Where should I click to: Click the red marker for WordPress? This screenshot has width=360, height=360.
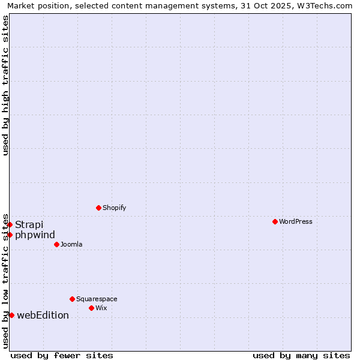pyautogui.click(x=275, y=221)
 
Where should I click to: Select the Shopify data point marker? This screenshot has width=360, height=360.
pyautogui.click(x=98, y=208)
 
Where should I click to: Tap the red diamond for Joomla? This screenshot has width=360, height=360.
pyautogui.click(x=56, y=244)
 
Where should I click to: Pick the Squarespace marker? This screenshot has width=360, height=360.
pyautogui.click(x=72, y=299)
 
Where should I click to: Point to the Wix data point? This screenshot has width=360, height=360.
pyautogui.click(x=91, y=308)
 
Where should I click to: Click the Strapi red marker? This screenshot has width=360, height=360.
pyautogui.click(x=10, y=224)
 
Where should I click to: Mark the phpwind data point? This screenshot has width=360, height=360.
pyautogui.click(x=10, y=235)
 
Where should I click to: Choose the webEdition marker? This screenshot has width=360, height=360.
pyautogui.click(x=11, y=315)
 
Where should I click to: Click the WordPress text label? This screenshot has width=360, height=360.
pyautogui.click(x=296, y=222)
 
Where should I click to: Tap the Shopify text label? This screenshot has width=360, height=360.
pyautogui.click(x=115, y=208)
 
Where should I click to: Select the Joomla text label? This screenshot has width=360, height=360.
pyautogui.click(x=71, y=245)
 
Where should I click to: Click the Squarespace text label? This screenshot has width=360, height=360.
pyautogui.click(x=97, y=299)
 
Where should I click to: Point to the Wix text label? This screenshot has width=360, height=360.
pyautogui.click(x=101, y=308)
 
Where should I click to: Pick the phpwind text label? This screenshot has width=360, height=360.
pyautogui.click(x=35, y=235)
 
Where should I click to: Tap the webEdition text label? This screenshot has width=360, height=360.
pyautogui.click(x=43, y=315)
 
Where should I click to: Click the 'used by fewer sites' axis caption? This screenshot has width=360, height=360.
pyautogui.click(x=62, y=355)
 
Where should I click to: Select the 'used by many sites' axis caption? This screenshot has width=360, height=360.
pyautogui.click(x=301, y=355)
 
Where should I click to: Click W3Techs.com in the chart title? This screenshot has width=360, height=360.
pyautogui.click(x=326, y=6)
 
